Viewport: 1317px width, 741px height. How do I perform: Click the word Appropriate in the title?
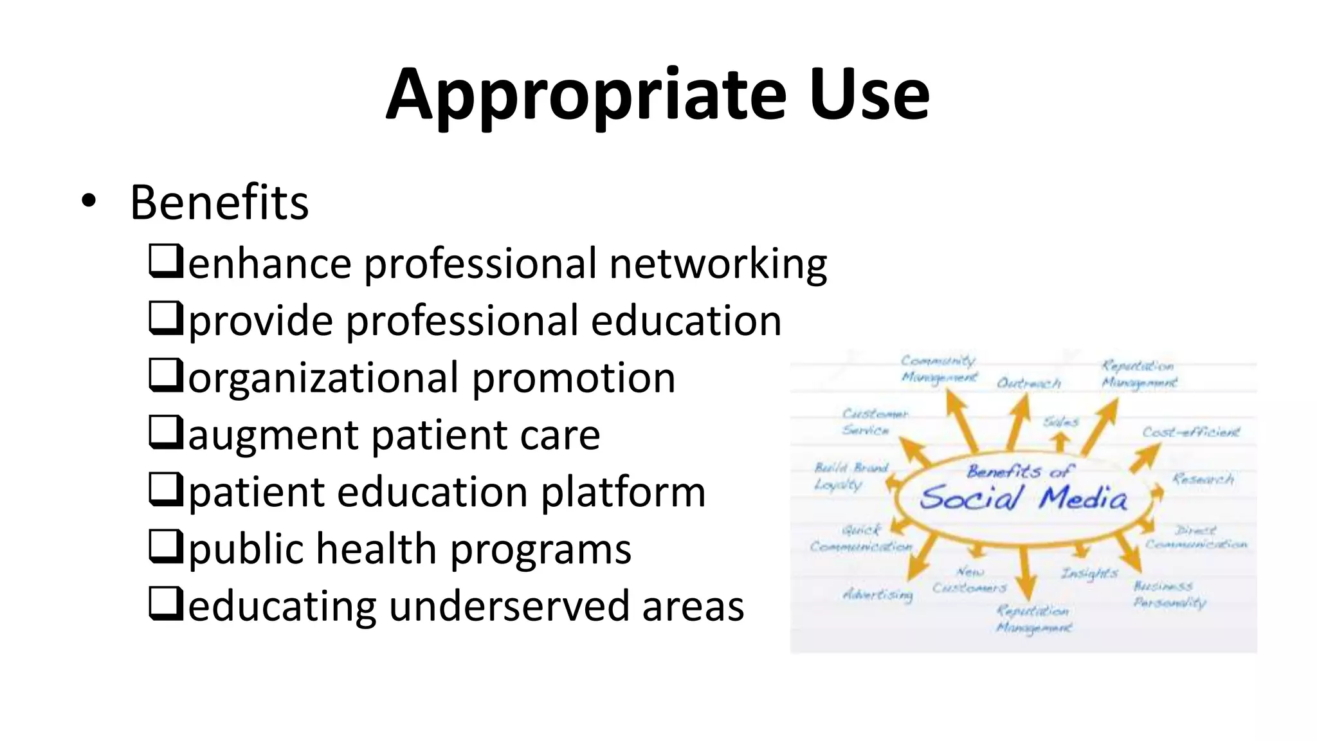click(x=585, y=95)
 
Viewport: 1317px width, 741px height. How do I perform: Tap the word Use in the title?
click(x=869, y=95)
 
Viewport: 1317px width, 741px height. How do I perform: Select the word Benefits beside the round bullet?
click(x=219, y=203)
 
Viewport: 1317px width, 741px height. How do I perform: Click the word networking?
click(x=718, y=264)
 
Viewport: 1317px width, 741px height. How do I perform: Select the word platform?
click(x=623, y=492)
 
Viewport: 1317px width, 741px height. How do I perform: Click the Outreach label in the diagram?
click(x=1028, y=383)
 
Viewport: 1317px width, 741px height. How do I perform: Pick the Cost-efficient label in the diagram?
click(x=1190, y=432)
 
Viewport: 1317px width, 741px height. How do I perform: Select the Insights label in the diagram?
click(x=1089, y=572)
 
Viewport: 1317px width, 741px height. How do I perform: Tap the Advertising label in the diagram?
click(x=878, y=594)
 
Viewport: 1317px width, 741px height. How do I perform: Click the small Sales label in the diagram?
click(x=1060, y=422)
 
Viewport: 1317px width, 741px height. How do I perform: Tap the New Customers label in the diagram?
click(x=969, y=580)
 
